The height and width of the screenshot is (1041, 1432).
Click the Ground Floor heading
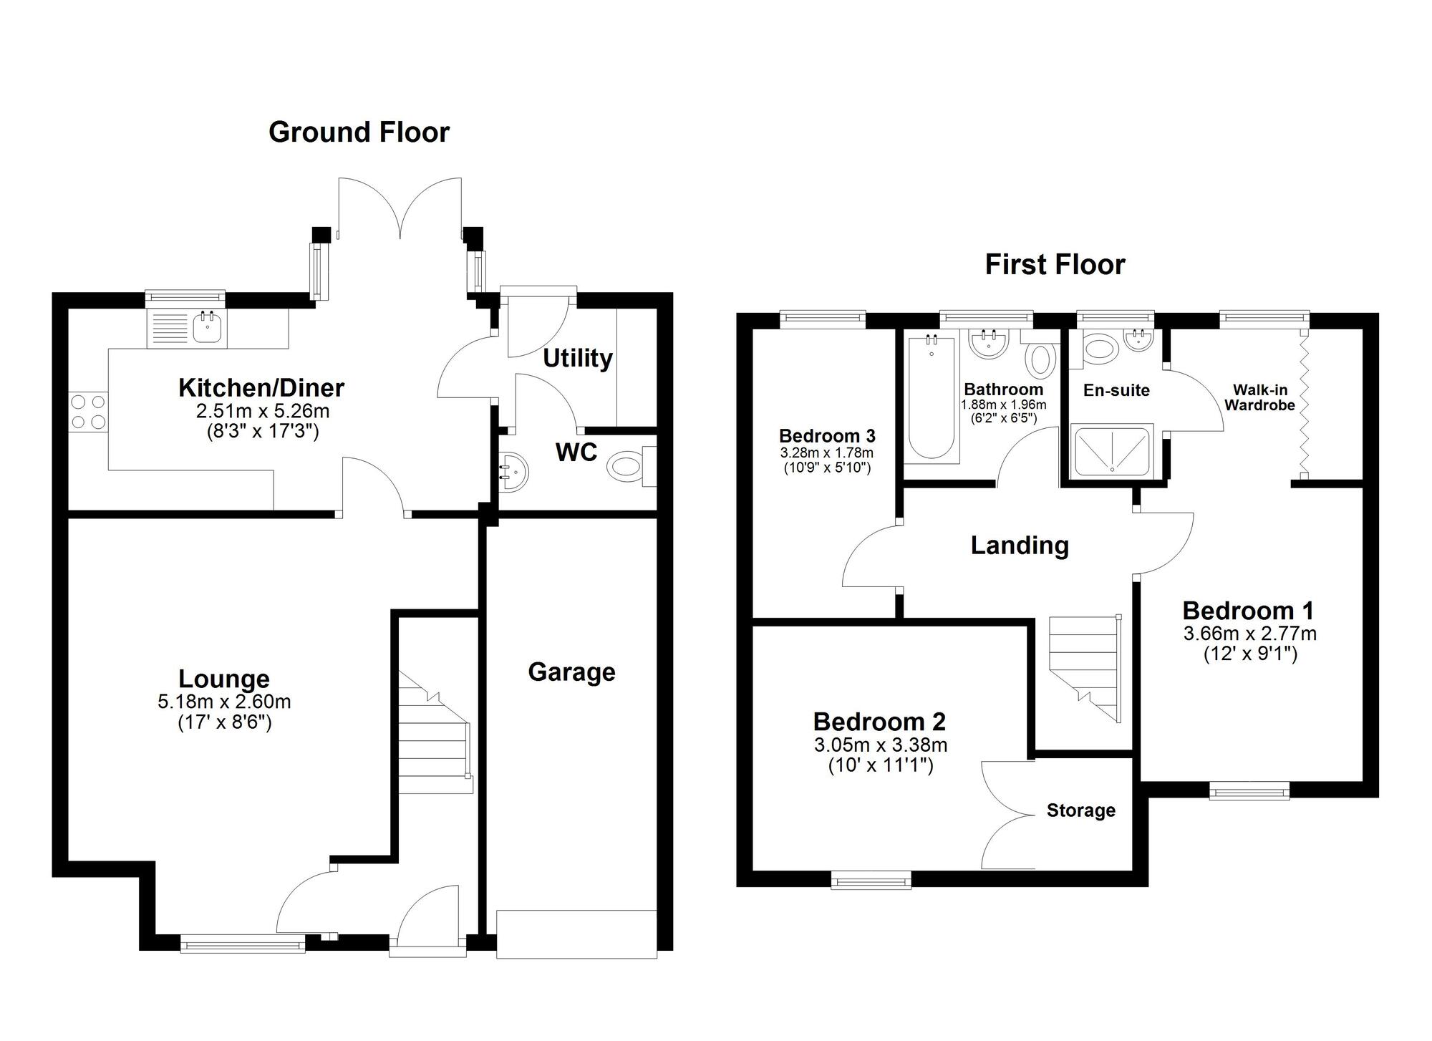[x=359, y=132]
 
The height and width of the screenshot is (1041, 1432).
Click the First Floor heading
[x=1055, y=265]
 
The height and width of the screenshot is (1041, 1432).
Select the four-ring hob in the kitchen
[x=88, y=412]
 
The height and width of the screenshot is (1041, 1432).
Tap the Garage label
[x=571, y=672]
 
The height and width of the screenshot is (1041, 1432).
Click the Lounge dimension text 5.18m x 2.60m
[x=224, y=702]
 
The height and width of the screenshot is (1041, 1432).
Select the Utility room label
[x=577, y=358]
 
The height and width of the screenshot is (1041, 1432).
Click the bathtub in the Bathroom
[x=931, y=398]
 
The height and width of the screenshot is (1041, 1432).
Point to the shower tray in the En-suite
[x=1112, y=450]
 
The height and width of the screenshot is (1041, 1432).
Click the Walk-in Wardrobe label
[x=1259, y=398]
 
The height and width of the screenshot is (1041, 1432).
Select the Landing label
[x=1020, y=546]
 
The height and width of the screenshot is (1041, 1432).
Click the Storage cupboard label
[x=1080, y=810]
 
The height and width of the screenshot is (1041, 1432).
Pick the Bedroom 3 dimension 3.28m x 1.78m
[x=826, y=453]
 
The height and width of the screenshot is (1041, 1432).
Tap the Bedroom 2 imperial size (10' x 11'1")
[x=881, y=765]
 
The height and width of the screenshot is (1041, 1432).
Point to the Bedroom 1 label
[x=1248, y=611]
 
